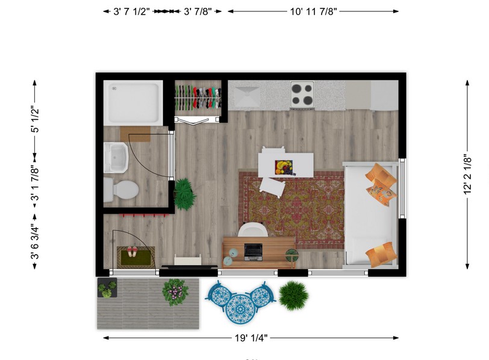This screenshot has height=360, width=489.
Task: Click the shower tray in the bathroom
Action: point(132,103)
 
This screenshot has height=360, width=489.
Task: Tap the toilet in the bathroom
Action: point(121,190)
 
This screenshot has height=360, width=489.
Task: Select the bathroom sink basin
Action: point(116,158)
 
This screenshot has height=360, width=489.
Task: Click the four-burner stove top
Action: point(302,94)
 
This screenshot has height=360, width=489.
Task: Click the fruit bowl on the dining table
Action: point(283,167)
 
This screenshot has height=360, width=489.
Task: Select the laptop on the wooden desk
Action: point(253,252)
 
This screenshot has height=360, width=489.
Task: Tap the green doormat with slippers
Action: point(135,256)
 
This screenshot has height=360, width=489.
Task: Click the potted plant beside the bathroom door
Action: point(184,194)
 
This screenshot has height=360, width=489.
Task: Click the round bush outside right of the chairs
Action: point(294,296)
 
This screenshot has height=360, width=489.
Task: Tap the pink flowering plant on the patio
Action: point(175,292)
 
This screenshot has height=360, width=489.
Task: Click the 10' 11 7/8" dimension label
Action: point(313,11)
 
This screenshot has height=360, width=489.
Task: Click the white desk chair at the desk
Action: point(253,230)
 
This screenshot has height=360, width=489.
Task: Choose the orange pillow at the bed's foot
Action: point(382,254)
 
